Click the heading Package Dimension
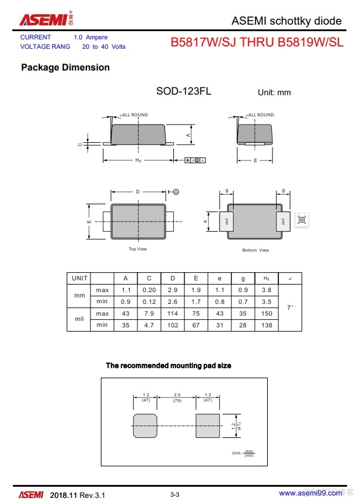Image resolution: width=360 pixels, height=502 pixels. point(65,68)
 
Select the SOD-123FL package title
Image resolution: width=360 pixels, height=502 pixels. point(183,91)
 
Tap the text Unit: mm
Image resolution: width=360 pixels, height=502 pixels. point(274,92)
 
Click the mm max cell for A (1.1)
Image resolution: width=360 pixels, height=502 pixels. point(126,290)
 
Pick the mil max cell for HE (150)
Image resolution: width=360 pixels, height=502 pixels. point(267,313)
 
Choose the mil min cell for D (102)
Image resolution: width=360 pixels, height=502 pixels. point(173,325)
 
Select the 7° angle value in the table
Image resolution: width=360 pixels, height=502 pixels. point(290,307)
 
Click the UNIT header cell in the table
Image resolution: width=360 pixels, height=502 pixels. point(79,278)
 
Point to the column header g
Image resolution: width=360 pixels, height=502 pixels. point(243,278)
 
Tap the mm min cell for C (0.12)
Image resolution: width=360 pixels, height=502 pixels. point(149,302)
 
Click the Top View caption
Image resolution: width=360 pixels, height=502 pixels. point(137,249)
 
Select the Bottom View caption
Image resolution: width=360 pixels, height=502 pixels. point(255,250)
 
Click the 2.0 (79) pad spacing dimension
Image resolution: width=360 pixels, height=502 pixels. point(177,397)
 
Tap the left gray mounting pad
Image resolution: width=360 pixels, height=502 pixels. point(144,425)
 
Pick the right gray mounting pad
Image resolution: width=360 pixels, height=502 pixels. point(207,425)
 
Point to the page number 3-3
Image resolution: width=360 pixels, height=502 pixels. point(174,495)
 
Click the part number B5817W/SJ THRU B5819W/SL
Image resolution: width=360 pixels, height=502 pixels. point(257,42)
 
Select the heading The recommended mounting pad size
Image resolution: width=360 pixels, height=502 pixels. point(169,366)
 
